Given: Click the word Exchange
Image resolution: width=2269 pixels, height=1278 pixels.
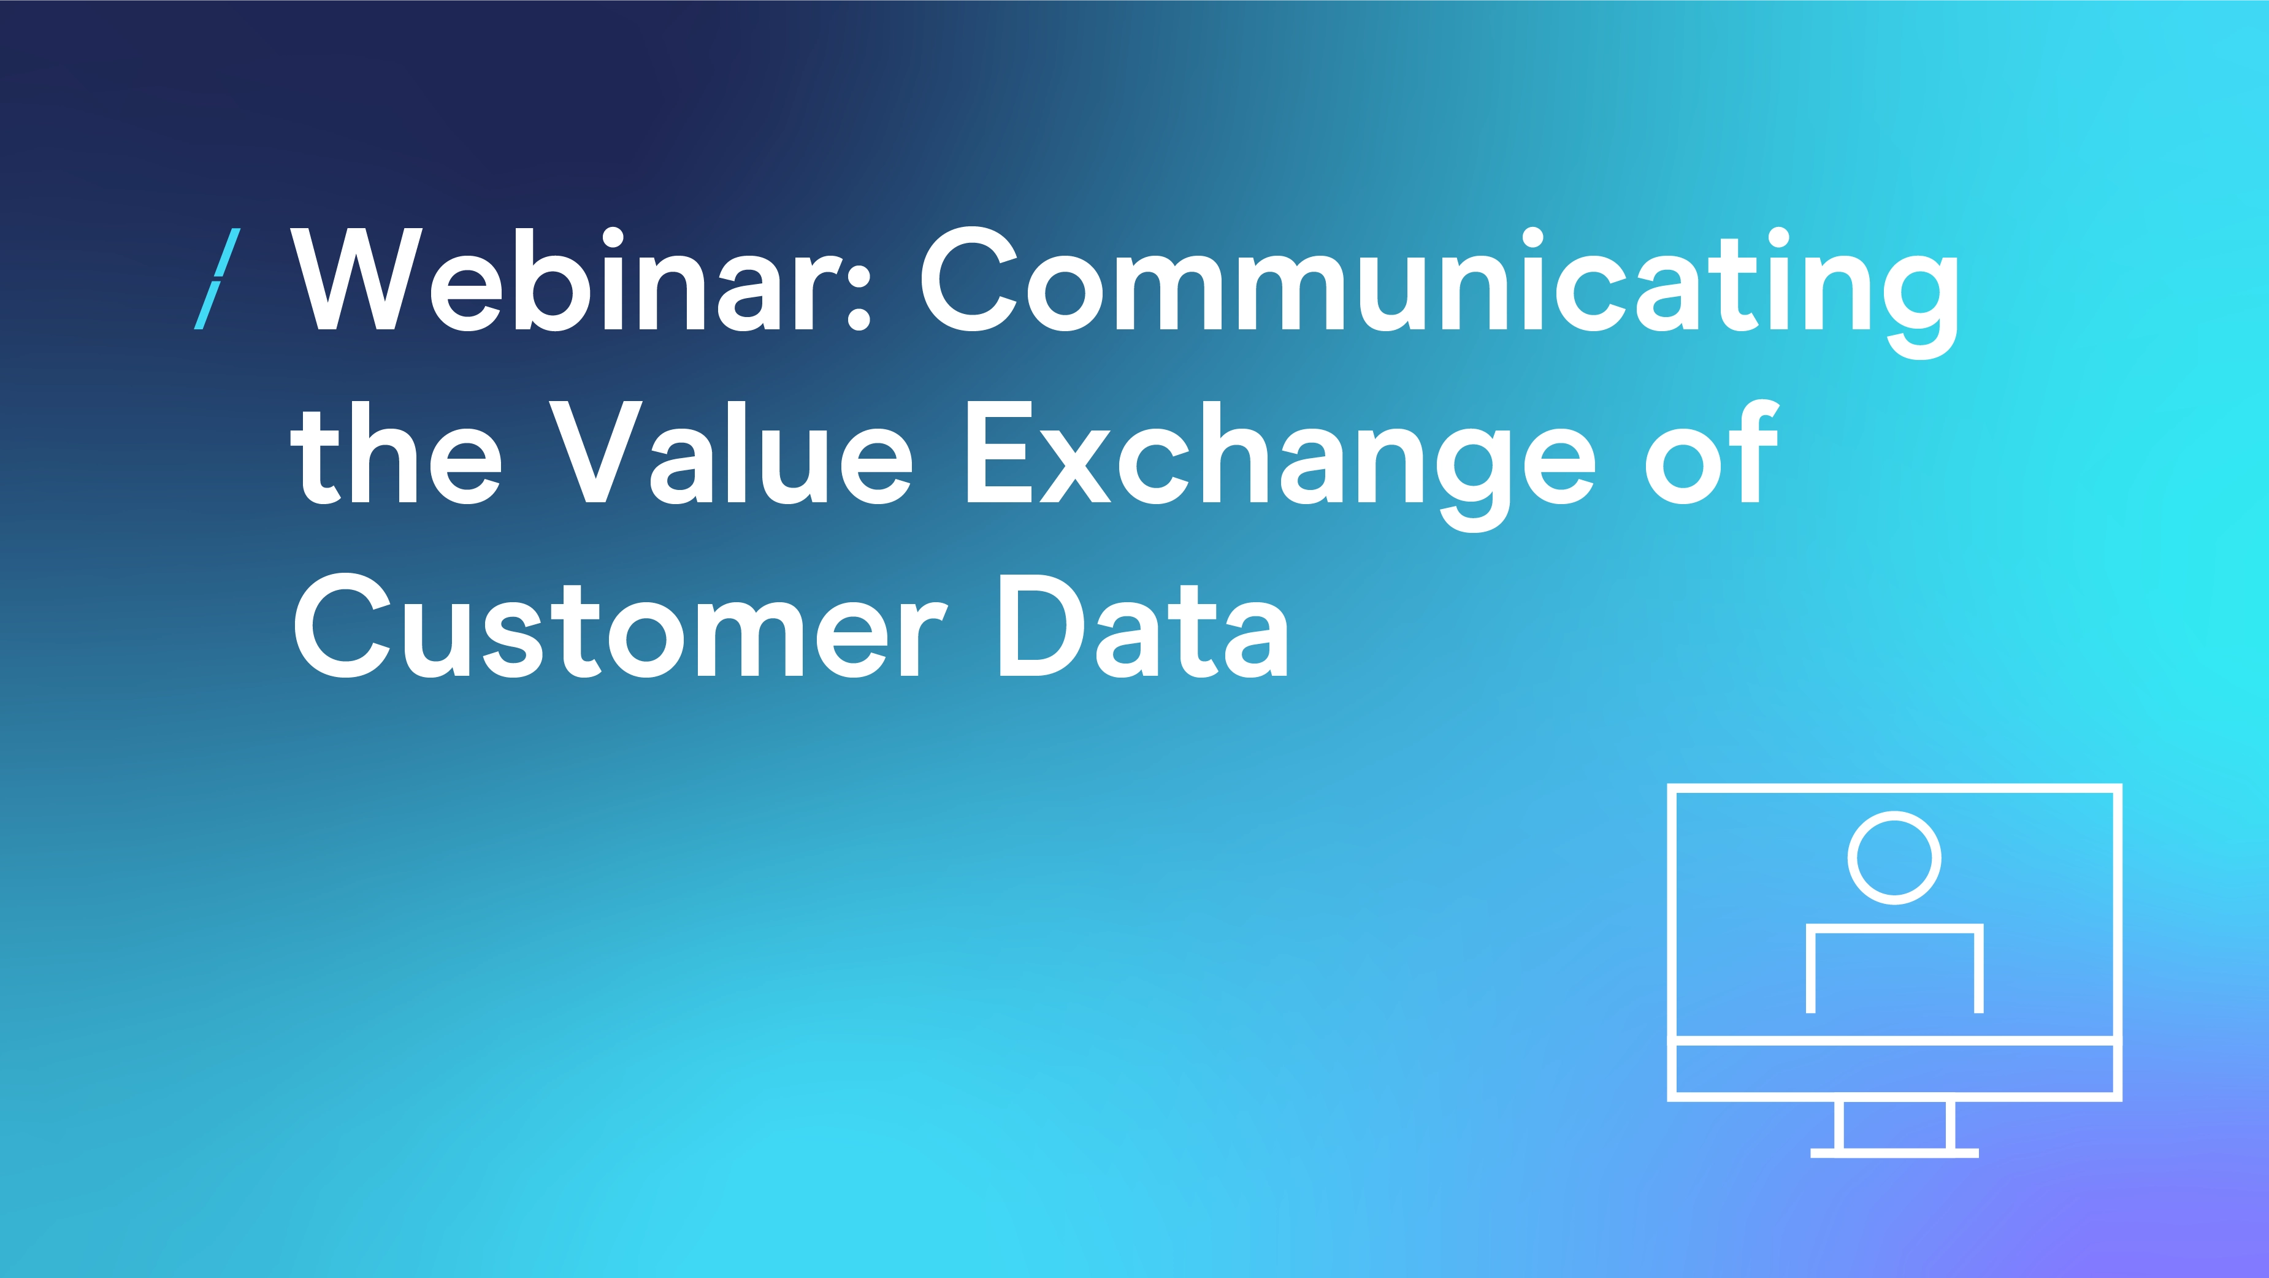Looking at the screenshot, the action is pyautogui.click(x=1282, y=465).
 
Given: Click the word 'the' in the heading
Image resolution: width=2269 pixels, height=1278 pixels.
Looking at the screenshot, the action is pyautogui.click(x=396, y=452).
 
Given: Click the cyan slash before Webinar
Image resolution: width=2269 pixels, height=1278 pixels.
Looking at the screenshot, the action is pyautogui.click(x=216, y=279).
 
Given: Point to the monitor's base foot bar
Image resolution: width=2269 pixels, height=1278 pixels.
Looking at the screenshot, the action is pyautogui.click(x=1895, y=1153).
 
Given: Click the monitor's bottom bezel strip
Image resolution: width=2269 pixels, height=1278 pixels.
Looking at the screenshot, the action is pyautogui.click(x=1895, y=1069).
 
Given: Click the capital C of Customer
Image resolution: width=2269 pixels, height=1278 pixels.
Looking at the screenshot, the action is pyautogui.click(x=342, y=626).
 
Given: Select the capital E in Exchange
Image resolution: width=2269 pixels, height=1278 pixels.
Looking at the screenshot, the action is pyautogui.click(x=1000, y=452).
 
